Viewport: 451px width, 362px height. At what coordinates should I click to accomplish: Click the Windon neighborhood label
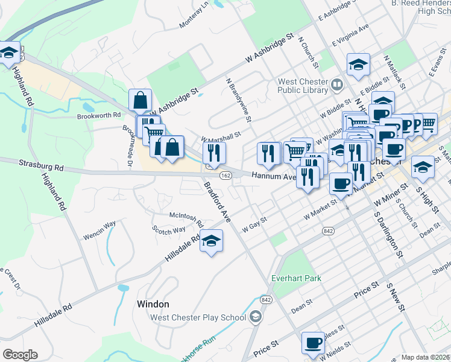[x=153, y=304]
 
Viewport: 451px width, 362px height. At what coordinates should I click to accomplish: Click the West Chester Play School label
[x=198, y=317]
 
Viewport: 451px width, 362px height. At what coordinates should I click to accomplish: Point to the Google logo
[x=20, y=355]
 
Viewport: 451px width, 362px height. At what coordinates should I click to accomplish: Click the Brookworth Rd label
[x=99, y=116]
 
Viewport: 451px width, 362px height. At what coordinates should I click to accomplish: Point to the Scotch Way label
[x=169, y=230]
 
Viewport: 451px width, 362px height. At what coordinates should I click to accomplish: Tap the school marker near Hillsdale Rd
[x=211, y=242]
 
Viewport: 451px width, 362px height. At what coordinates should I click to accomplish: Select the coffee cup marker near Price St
[x=313, y=343]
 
